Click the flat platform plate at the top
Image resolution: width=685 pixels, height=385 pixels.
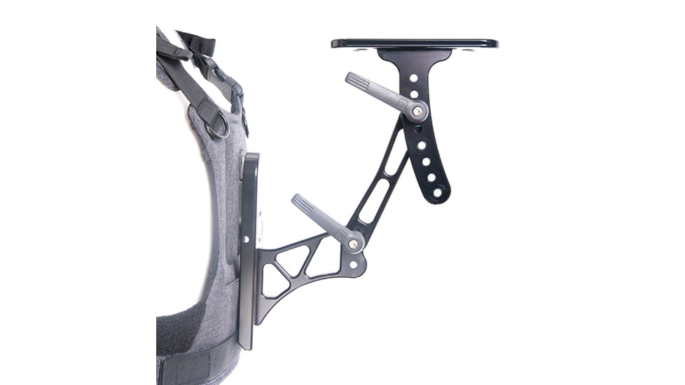(415, 43)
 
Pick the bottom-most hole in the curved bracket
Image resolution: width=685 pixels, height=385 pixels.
(438, 192)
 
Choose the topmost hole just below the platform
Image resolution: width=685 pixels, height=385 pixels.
(413, 78)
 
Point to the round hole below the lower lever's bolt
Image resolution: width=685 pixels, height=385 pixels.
(353, 265)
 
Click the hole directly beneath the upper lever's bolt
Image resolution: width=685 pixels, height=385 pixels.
(419, 129)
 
